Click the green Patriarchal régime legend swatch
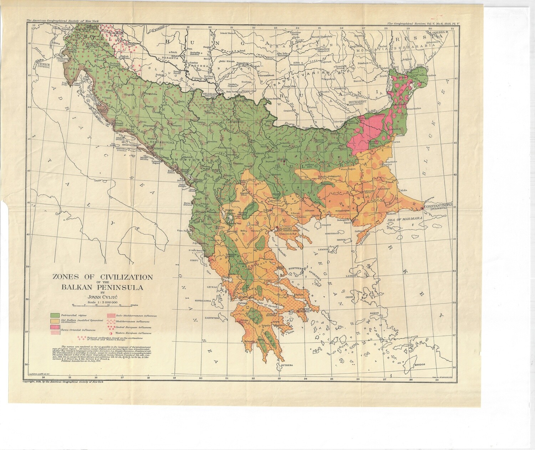click(x=55, y=316)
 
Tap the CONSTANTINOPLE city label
click(x=438, y=205)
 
